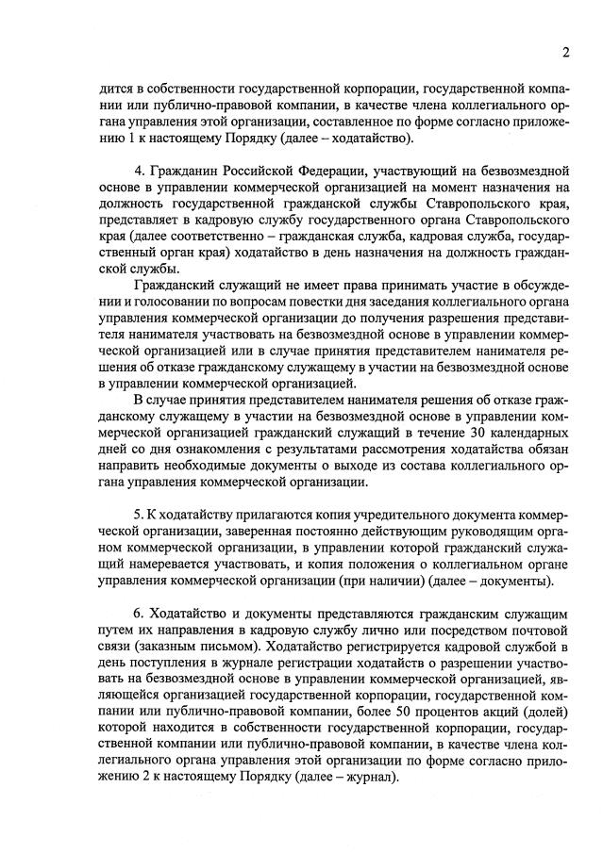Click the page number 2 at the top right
pos(563,51)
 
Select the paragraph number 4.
pos(140,172)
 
